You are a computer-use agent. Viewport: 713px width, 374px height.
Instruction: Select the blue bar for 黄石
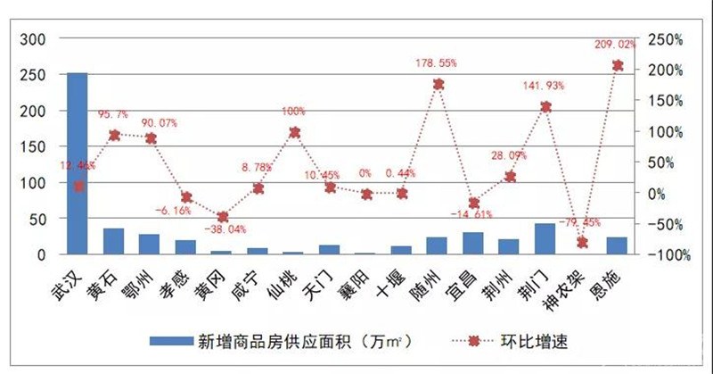coord(114,241)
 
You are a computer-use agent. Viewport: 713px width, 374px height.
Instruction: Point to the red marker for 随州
coord(438,84)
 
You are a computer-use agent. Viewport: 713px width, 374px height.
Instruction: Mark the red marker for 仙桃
coord(294,132)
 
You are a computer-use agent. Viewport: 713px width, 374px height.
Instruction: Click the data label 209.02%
coord(615,44)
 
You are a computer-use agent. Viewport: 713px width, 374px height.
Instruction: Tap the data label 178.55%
coord(437,62)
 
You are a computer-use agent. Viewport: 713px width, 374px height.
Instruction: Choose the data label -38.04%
coord(223,230)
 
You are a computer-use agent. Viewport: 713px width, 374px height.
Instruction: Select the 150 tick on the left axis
coord(33,146)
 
